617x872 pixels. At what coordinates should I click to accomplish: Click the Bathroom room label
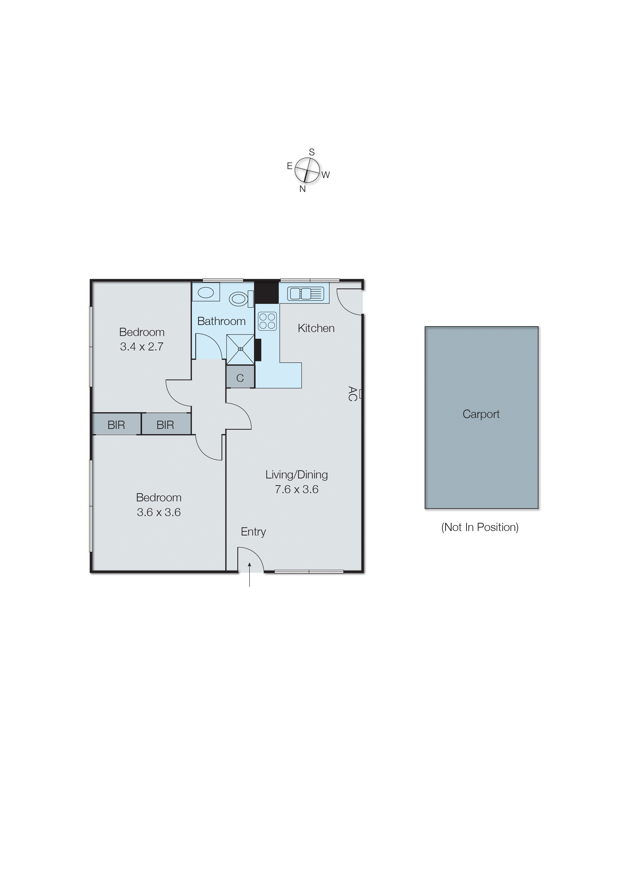221,321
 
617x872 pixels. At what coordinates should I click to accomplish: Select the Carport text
481,414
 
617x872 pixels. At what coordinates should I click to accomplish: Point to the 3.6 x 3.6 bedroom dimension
158,512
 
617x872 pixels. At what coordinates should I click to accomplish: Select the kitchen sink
306,294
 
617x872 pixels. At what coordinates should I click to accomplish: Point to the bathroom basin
206,292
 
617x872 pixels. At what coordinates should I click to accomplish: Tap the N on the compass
303,189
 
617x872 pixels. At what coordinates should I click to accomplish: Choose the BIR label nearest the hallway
165,425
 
